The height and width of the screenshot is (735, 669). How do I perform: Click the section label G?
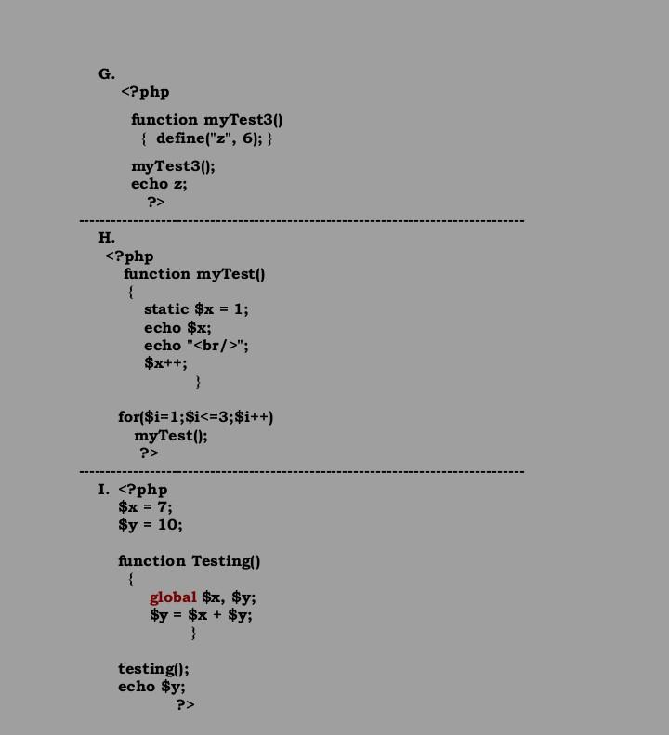click(107, 73)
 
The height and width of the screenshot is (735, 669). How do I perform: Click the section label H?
click(107, 238)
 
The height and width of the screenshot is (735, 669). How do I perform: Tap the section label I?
click(104, 490)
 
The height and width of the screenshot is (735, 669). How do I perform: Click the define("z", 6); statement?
click(214, 138)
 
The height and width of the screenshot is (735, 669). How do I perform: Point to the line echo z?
click(159, 184)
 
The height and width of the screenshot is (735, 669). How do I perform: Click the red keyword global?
click(173, 597)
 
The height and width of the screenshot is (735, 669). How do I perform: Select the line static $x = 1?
click(196, 309)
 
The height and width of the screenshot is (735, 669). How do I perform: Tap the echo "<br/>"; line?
click(196, 346)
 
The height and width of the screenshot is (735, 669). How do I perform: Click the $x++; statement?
click(165, 363)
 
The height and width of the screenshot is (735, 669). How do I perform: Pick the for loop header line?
click(195, 417)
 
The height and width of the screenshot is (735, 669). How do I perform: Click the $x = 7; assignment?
click(145, 507)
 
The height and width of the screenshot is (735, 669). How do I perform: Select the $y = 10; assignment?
click(151, 525)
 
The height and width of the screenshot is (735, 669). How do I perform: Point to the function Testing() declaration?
click(189, 561)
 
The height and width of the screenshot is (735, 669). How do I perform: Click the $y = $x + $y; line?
click(201, 615)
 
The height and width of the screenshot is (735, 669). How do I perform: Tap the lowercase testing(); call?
click(153, 669)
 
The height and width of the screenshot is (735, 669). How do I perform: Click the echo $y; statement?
click(151, 687)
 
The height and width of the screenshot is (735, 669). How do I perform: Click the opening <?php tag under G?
click(145, 92)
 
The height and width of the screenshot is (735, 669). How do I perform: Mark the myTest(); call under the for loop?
click(171, 435)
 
